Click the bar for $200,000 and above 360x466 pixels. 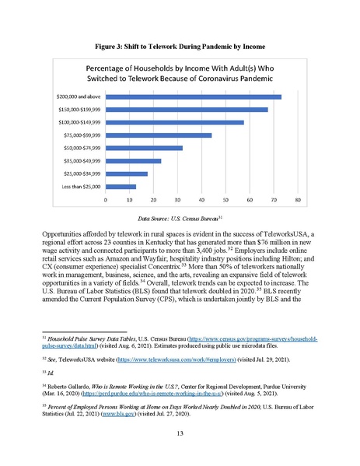(193, 96)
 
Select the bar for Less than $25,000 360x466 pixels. (121, 187)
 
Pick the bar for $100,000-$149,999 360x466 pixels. (175, 122)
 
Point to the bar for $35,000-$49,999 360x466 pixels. (133, 161)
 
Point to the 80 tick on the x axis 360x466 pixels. (299, 200)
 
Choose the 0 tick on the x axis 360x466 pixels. (106, 200)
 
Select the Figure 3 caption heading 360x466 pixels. (180, 38)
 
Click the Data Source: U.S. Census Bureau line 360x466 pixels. (180, 219)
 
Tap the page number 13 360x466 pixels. (180, 433)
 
